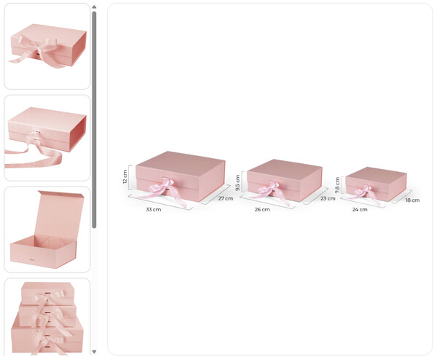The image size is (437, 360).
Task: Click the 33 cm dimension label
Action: (x=153, y=209)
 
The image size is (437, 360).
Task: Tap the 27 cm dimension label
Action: (x=226, y=198)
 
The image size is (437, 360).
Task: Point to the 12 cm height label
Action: (x=125, y=177)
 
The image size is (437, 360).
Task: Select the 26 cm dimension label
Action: (x=262, y=209)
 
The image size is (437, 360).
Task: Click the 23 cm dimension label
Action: (x=328, y=198)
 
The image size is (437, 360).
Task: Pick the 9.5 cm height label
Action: (x=237, y=183)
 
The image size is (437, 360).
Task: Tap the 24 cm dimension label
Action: (x=360, y=209)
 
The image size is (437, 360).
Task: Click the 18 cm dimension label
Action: (x=412, y=200)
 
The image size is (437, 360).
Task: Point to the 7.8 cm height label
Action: (x=337, y=185)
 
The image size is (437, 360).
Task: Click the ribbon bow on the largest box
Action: (x=164, y=189)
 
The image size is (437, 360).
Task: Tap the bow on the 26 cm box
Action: (x=269, y=190)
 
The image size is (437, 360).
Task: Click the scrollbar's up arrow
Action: (x=94, y=7)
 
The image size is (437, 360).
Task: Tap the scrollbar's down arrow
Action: (x=94, y=352)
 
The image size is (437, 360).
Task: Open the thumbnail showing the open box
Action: (x=47, y=230)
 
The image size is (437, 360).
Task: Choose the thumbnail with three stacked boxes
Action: (x=47, y=317)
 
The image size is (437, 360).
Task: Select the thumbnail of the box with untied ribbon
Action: (x=47, y=138)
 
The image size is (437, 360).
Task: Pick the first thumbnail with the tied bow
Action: (x=47, y=47)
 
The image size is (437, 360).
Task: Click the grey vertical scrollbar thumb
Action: (x=94, y=120)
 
